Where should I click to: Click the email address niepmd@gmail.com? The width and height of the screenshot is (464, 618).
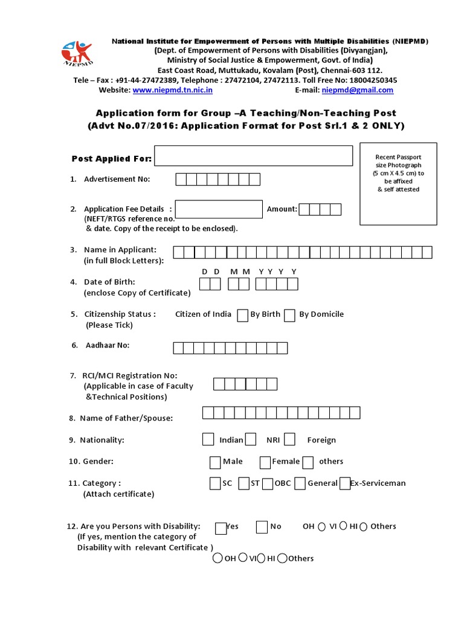[x=357, y=90]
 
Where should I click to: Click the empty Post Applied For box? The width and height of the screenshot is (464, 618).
[x=253, y=156]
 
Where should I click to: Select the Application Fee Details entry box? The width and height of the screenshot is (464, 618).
[x=218, y=209]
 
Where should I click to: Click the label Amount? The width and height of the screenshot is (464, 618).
[x=282, y=209]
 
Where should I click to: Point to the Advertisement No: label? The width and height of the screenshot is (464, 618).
[x=117, y=179]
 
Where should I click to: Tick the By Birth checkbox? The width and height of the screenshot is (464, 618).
[x=242, y=315]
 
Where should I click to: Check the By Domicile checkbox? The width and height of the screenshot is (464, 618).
[x=289, y=315]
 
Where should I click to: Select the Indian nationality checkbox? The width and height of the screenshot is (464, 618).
[x=208, y=439]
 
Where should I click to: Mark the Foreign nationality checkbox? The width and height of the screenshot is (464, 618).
[x=289, y=439]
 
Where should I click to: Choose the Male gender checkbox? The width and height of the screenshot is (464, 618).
[x=215, y=462]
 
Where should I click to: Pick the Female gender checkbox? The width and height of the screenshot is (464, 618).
[x=265, y=462]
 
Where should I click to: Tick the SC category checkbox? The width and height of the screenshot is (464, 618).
[x=215, y=483]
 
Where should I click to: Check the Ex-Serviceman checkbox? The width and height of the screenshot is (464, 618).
[x=345, y=483]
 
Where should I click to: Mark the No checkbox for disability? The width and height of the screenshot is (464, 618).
[x=262, y=527]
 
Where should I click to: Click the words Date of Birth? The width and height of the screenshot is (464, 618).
[x=109, y=282]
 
